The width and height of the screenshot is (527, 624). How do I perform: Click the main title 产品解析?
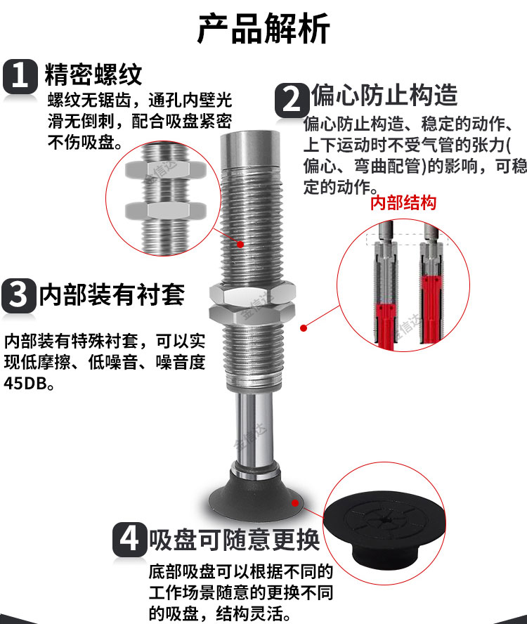click(263, 29)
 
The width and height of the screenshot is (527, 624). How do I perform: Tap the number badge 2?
click(291, 99)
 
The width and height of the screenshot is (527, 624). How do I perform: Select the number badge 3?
click(18, 295)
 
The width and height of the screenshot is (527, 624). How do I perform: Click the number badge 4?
click(129, 540)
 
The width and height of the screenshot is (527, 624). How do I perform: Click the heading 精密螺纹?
click(93, 74)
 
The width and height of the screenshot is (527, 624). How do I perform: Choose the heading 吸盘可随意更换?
click(234, 540)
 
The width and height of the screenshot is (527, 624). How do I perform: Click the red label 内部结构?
click(403, 203)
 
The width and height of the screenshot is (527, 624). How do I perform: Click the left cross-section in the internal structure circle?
click(384, 288)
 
